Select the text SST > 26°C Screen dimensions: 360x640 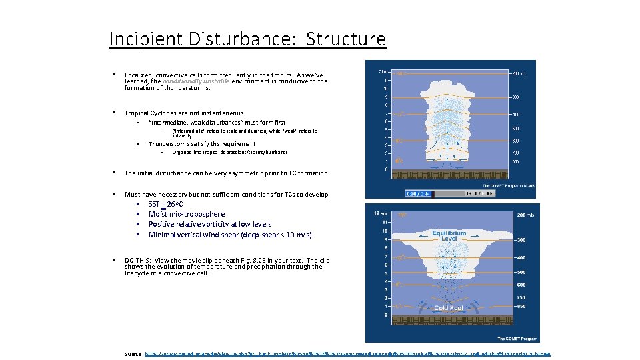coord(166,204)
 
